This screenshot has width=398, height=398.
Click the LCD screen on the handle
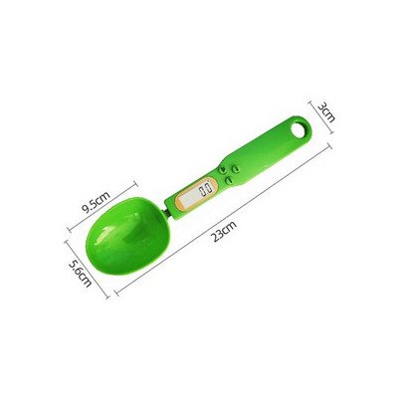coord(206,190)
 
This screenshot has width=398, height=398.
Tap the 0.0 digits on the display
coord(206,190)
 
